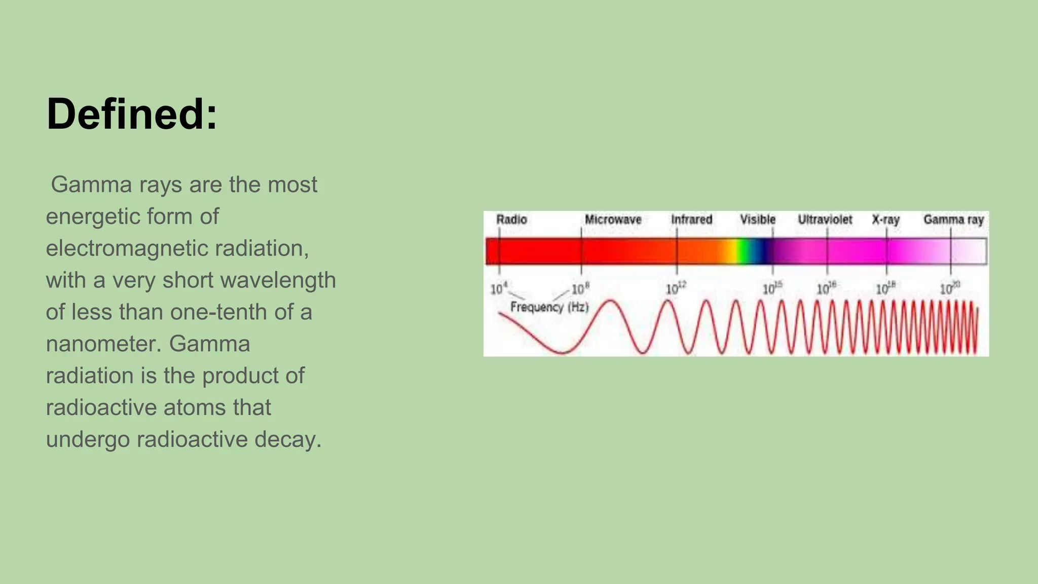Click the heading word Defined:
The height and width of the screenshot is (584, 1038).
click(x=132, y=114)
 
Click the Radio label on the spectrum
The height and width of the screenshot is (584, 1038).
click(x=511, y=220)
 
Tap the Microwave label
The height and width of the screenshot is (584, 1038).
click(x=613, y=220)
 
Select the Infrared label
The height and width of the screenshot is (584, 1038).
click(x=691, y=220)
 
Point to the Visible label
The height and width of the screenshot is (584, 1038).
click(x=757, y=220)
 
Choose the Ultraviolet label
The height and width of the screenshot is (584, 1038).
click(x=825, y=220)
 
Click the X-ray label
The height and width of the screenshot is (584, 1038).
click(x=885, y=220)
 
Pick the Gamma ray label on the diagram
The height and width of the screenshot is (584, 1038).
click(x=953, y=220)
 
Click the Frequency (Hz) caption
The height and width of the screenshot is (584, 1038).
click(x=549, y=307)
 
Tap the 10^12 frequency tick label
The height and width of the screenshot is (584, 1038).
click(x=676, y=288)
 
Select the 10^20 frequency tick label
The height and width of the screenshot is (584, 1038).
click(x=950, y=288)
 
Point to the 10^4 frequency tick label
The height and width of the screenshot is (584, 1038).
click(x=499, y=288)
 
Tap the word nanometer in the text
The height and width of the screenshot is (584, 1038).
click(x=103, y=344)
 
